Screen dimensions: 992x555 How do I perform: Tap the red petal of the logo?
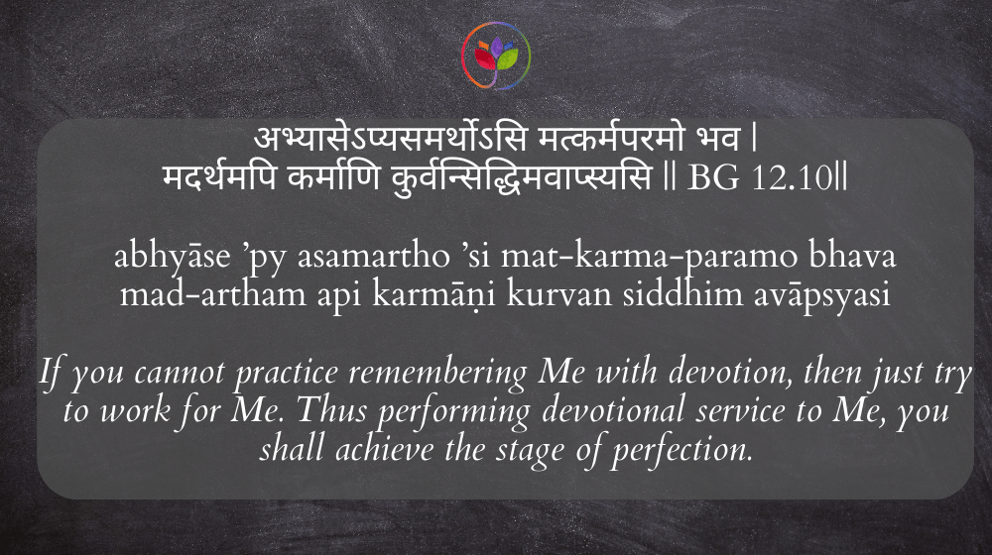(485, 59)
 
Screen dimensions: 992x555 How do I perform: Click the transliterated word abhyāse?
(172, 256)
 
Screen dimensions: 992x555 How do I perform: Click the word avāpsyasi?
(821, 295)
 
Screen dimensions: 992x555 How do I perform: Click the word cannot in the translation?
(180, 373)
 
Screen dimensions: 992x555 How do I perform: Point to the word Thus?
(331, 410)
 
